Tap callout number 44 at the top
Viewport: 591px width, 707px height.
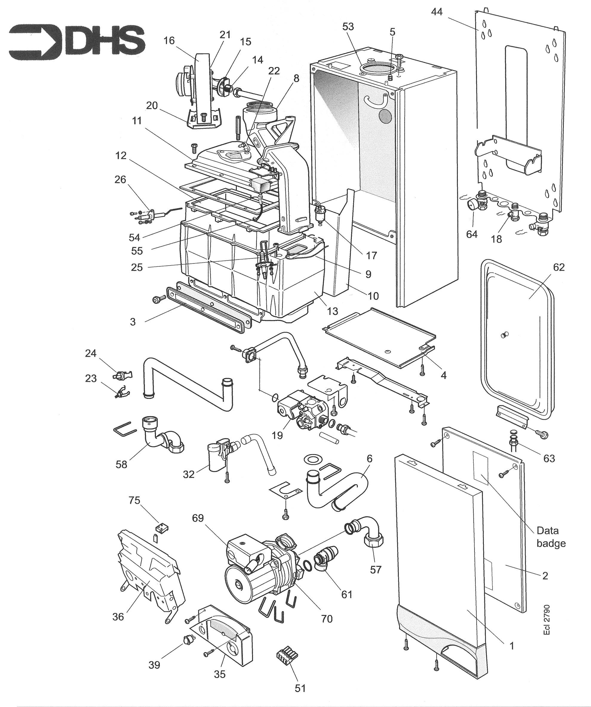(437, 12)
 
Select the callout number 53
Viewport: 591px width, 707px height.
(348, 26)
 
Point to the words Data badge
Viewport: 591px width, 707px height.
(551, 537)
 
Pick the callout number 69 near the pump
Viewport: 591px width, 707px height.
(198, 518)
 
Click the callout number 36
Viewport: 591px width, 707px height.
(118, 616)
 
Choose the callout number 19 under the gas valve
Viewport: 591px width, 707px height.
(277, 435)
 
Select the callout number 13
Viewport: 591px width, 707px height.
(332, 311)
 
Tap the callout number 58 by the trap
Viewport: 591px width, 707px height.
(122, 464)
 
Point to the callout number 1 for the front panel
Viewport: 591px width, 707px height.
(511, 646)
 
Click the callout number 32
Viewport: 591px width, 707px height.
(189, 474)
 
